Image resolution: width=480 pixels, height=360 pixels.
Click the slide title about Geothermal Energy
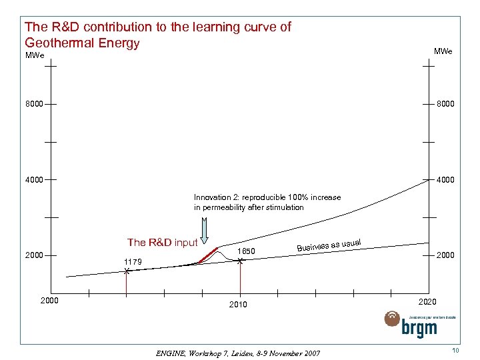157,35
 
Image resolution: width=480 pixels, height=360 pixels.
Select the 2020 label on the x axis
427,302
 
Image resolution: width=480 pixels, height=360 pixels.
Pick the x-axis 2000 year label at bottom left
51,301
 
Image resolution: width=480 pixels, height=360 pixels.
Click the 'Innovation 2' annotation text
267,202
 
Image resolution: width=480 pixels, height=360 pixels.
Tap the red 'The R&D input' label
162,243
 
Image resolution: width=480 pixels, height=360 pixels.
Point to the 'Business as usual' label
329,245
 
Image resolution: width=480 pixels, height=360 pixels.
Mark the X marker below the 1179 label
126,271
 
